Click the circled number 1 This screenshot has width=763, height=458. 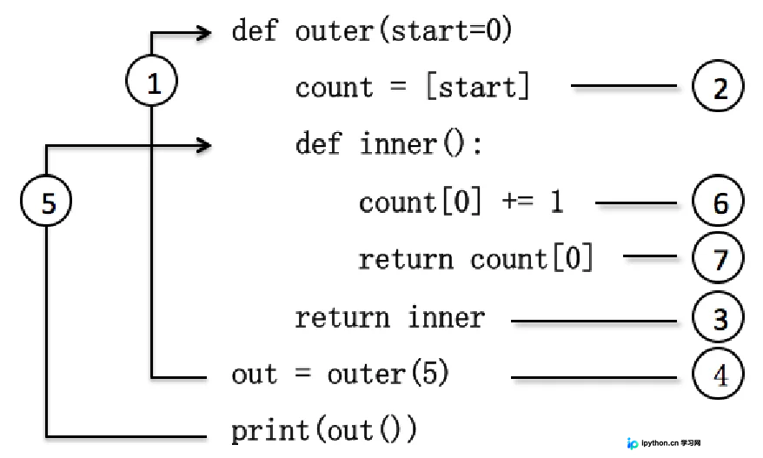(151, 80)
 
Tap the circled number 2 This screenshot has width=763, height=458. (718, 86)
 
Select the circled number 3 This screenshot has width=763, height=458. (718, 317)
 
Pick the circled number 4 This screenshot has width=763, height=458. (718, 375)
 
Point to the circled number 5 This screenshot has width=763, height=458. (46, 201)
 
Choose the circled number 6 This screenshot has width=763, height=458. (718, 201)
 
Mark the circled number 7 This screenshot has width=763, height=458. (718, 258)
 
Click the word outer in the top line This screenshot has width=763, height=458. (335, 31)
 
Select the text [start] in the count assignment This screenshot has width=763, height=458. (478, 87)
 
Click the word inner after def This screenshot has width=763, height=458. (399, 144)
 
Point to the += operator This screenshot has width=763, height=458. (517, 201)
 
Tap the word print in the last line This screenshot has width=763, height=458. (270, 431)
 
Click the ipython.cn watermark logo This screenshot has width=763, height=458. (633, 443)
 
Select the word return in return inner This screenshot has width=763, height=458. (342, 318)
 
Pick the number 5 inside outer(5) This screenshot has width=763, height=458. (429, 374)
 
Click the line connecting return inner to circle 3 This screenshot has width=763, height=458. (594, 321)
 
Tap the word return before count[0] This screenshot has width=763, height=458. (406, 259)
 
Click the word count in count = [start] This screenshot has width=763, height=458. (335, 88)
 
